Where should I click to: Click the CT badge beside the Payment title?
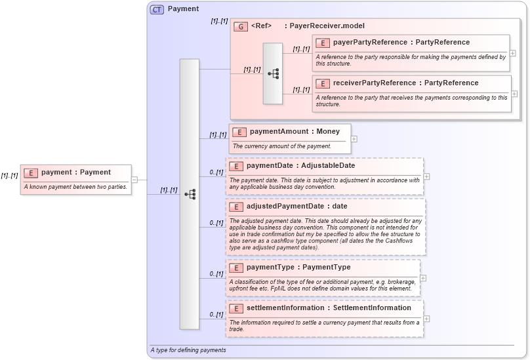point(157,9)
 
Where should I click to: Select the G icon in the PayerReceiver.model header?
point(241,27)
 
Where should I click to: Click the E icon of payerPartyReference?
point(322,43)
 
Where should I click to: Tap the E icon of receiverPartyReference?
point(322,83)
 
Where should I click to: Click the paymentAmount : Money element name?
point(295,131)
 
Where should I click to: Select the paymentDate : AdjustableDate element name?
point(300,165)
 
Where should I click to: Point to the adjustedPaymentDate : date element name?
point(296,206)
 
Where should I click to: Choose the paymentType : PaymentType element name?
point(298,268)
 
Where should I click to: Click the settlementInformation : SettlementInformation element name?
point(329,308)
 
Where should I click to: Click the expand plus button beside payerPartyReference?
point(512,53)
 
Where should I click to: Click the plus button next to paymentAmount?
point(354,139)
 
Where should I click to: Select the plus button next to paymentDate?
point(426,176)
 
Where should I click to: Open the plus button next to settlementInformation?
point(426,319)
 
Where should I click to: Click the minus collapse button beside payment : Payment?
point(134,179)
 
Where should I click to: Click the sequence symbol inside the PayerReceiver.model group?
point(273,73)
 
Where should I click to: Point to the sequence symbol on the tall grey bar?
point(190,194)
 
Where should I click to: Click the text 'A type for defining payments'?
point(188,350)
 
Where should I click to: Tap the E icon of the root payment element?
point(30,172)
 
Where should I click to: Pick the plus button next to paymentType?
point(423,278)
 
